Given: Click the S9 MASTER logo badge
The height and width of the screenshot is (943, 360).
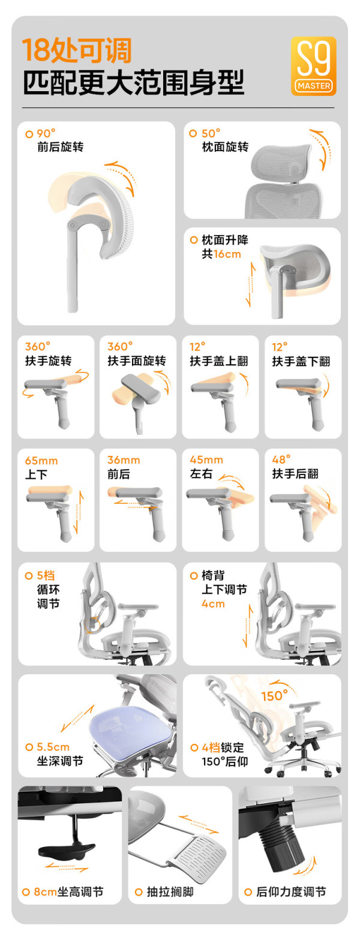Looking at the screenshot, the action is tap(314, 66).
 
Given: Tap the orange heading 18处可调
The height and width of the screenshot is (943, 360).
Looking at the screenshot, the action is tap(77, 50).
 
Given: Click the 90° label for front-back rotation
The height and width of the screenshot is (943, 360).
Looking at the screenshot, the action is tap(46, 134).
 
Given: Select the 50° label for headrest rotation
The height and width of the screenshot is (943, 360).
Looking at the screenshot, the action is tap(211, 133).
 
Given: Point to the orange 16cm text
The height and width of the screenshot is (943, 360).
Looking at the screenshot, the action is tap(227, 254).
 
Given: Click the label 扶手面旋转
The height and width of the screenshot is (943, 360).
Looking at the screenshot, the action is tap(137, 361).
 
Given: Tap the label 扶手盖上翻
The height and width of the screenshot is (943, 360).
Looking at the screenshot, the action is tap(219, 361).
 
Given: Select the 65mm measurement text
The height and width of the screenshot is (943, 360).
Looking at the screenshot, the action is tap(41, 461).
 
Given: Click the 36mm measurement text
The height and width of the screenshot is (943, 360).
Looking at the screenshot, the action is tap(124, 460).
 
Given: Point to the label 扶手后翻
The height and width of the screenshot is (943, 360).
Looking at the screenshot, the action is tap(295, 474).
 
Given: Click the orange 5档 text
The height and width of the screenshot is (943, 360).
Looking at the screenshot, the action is tap(46, 575).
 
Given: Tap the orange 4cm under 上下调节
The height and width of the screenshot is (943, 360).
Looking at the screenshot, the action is tap(213, 603).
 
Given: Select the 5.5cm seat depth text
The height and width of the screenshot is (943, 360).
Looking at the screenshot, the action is tap(53, 747).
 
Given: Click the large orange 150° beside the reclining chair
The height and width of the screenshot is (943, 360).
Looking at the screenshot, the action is tap(274, 696).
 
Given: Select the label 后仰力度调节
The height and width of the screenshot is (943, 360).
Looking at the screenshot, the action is tap(291, 891).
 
